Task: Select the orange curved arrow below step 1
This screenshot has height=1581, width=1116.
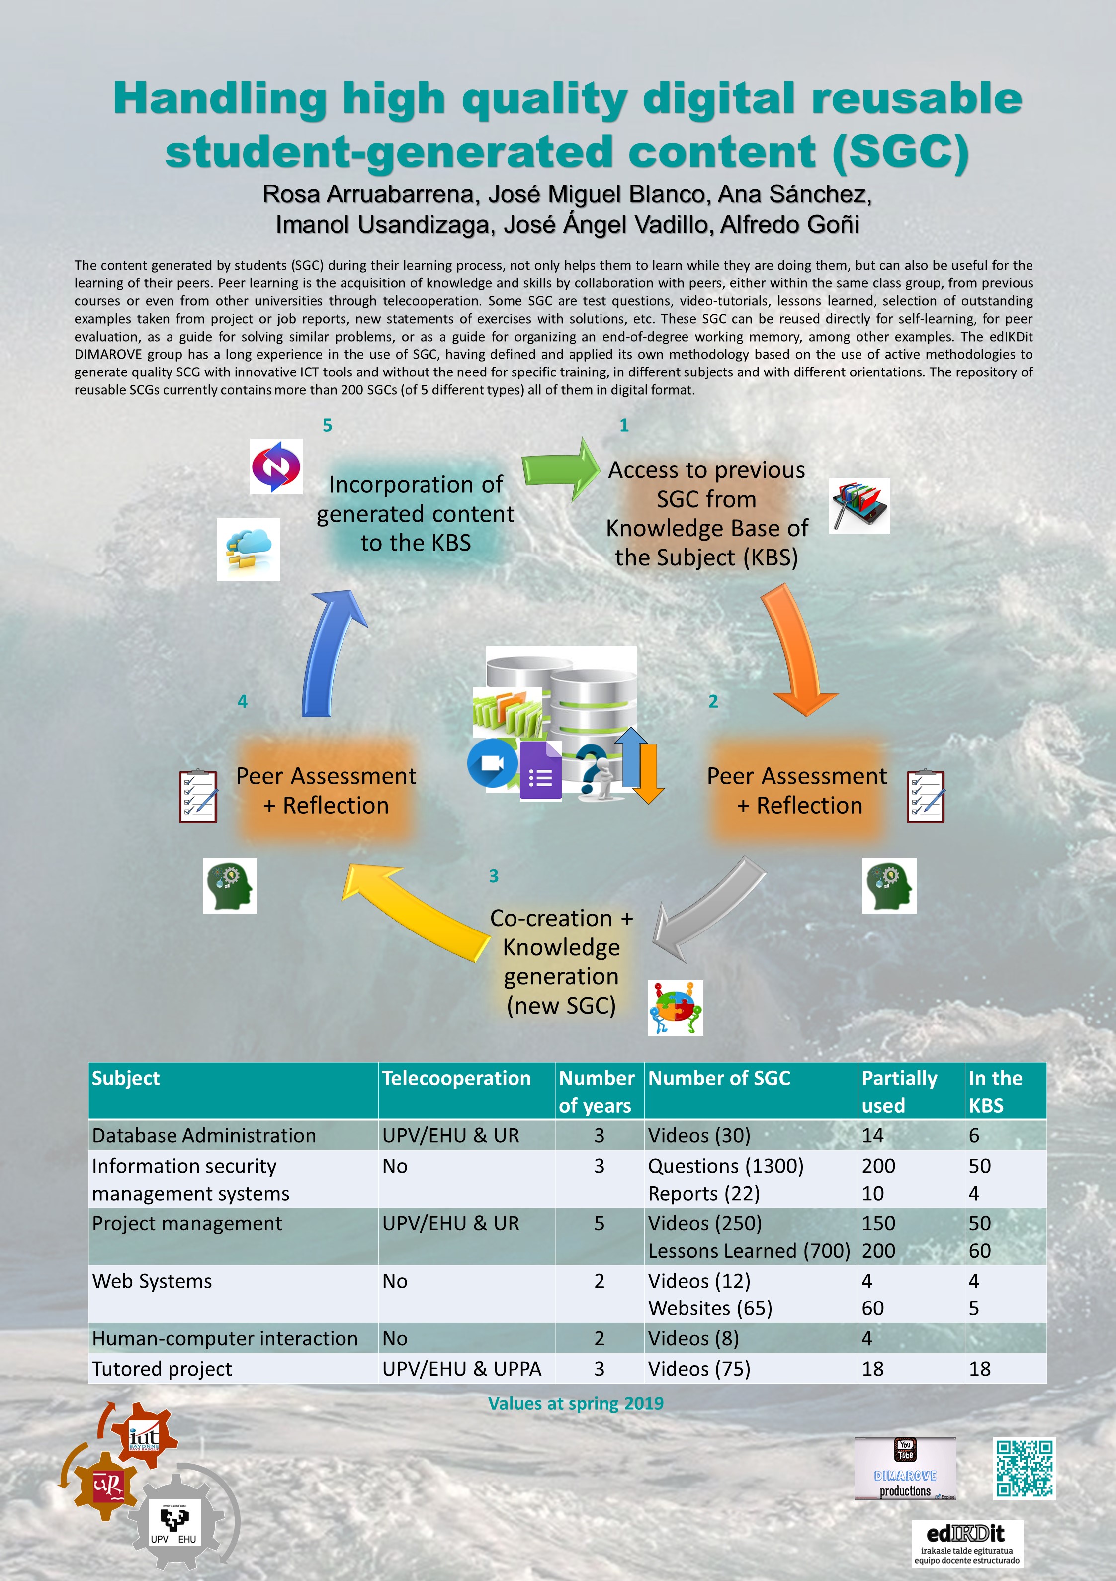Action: click(799, 651)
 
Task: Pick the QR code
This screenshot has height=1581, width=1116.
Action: click(1025, 1468)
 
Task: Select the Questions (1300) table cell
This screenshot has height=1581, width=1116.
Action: click(726, 1166)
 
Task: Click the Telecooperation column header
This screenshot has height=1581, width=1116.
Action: click(456, 1078)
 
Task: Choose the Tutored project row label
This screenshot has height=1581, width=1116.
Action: click(162, 1369)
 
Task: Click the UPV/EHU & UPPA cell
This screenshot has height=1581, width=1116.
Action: click(462, 1369)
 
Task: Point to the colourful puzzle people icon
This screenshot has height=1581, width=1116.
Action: click(676, 1008)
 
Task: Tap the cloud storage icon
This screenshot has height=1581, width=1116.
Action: click(249, 550)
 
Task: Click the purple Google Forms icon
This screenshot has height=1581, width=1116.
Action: click(540, 771)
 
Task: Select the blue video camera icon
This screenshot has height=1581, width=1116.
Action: click(492, 763)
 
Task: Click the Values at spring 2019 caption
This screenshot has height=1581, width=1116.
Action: click(576, 1403)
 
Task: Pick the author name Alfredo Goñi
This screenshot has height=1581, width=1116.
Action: click(790, 224)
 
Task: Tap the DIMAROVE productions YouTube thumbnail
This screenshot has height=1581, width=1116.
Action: click(905, 1468)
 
